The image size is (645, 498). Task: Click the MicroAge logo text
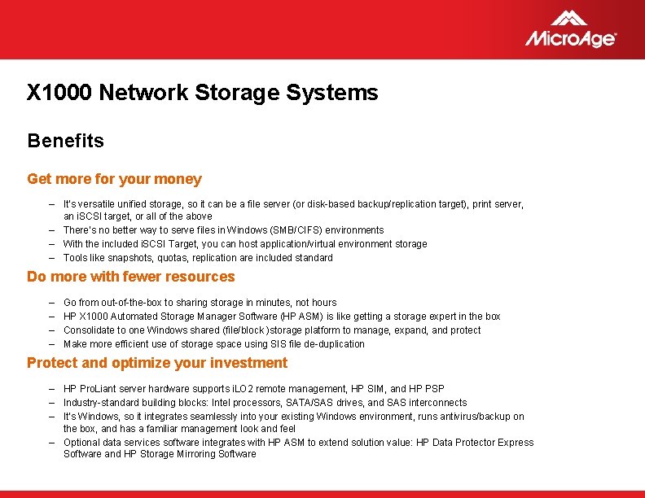click(570, 38)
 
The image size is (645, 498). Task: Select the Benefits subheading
click(65, 141)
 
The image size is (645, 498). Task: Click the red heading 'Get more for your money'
click(114, 179)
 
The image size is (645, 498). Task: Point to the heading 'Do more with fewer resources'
click(130, 277)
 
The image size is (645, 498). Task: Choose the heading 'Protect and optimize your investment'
click(157, 363)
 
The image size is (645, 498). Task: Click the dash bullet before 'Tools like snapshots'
click(50, 258)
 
